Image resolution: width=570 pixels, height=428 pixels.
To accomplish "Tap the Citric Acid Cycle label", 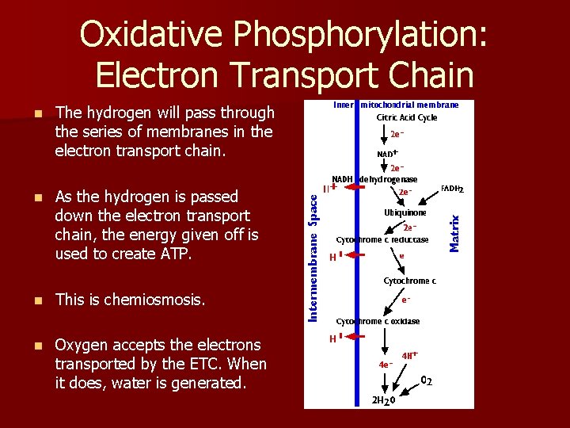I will [407, 118].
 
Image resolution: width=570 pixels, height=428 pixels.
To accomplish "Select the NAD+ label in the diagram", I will [387, 153].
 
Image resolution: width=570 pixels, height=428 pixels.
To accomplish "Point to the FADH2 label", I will [452, 189].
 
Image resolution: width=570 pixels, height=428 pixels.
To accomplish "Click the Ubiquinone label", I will [405, 212].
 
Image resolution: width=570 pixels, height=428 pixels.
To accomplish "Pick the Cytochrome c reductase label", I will [382, 239].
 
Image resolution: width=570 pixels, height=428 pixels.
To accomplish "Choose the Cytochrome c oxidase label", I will [378, 321].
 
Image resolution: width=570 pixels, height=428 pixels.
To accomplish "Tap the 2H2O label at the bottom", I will [384, 399].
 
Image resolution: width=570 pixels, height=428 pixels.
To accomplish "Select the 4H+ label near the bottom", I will [410, 355].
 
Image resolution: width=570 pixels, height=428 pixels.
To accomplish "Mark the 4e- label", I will [386, 365].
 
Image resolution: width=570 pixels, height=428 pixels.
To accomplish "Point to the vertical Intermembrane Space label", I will [313, 259].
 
